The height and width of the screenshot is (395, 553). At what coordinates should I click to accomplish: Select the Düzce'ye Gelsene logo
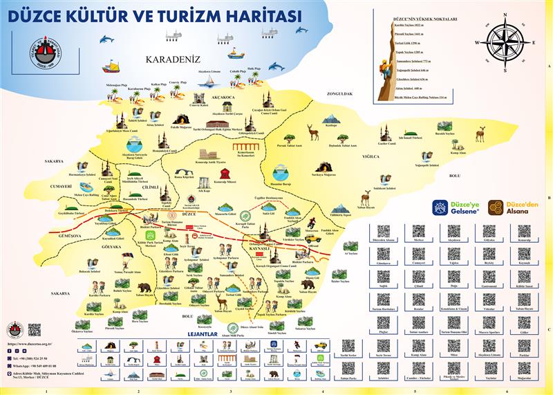[455, 207]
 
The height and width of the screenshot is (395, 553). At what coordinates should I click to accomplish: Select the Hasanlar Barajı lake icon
[280, 172]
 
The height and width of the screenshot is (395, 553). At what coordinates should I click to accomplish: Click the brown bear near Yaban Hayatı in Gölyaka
[144, 286]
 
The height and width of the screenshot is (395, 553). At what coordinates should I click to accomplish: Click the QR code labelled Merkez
[418, 232]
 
